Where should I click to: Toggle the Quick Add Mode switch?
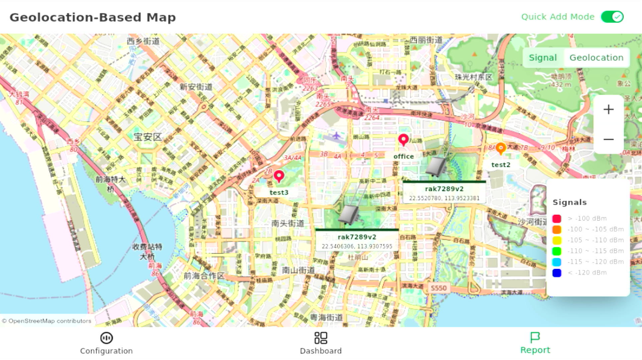click(612, 17)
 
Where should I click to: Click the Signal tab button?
click(542, 58)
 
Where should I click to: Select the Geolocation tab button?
click(596, 58)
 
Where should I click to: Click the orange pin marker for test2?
click(500, 148)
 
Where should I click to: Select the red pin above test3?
click(279, 176)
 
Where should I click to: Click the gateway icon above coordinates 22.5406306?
click(348, 214)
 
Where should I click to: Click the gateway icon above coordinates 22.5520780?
click(436, 166)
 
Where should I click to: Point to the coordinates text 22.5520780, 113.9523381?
click(444, 198)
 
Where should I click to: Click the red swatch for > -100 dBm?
click(556, 219)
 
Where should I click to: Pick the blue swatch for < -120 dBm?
click(556, 273)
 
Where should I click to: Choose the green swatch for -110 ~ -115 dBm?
click(556, 251)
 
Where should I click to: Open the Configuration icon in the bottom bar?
click(106, 338)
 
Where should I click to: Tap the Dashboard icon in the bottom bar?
click(321, 338)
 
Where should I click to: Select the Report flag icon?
click(535, 337)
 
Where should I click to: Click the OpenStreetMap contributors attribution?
click(46, 321)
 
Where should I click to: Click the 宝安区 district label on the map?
click(148, 137)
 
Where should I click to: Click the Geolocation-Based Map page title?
click(93, 17)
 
